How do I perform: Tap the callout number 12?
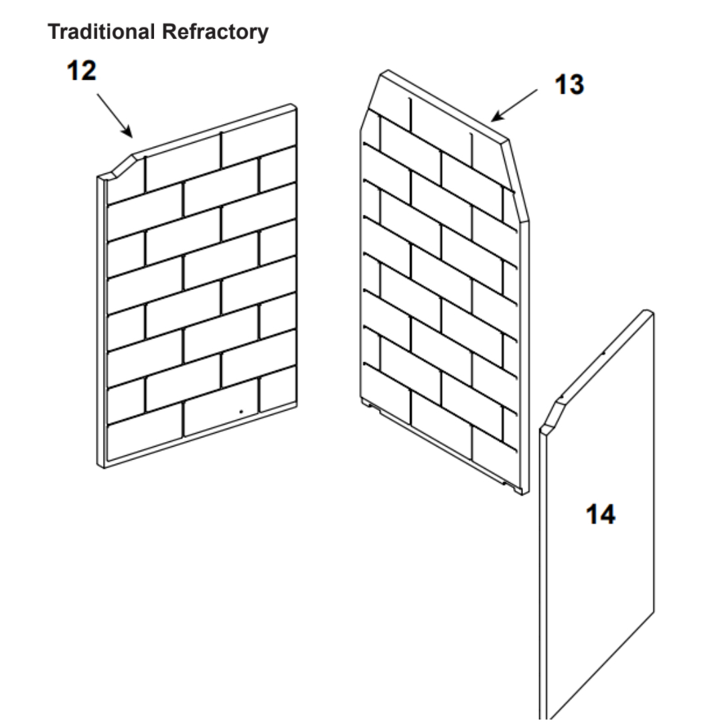(x=81, y=71)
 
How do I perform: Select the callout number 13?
(x=569, y=85)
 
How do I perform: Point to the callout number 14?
(x=600, y=514)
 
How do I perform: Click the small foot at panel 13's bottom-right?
(x=518, y=491)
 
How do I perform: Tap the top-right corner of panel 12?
(x=293, y=107)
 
